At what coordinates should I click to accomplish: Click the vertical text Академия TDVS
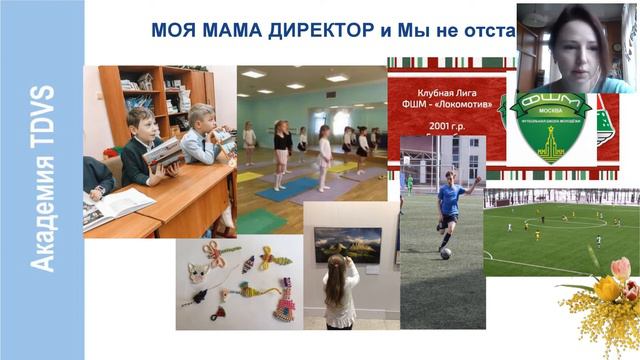(x=43, y=180)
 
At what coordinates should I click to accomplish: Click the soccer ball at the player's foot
(x=445, y=253)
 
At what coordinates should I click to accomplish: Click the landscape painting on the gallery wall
(x=347, y=244)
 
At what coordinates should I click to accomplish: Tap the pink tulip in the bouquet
(x=621, y=267)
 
